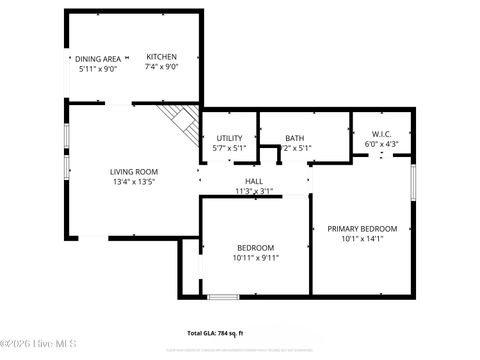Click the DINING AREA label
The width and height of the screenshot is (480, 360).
pos(99,58)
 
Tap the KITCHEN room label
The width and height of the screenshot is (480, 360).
pos(161,57)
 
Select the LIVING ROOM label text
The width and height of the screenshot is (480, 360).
pos(134,172)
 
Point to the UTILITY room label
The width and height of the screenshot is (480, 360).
pos(229,138)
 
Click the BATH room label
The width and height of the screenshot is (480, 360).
pos(294,138)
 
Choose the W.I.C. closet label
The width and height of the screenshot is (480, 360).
pos(381,133)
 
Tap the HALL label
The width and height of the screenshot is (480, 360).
pos(254,181)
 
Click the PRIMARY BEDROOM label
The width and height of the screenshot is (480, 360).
pos(362,229)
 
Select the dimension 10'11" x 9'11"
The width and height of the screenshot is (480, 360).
pos(257,257)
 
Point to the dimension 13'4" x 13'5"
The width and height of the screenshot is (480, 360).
pos(134,183)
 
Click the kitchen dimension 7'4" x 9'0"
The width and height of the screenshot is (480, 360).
pos(161,68)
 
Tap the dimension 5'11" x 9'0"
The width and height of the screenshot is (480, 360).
pos(98,69)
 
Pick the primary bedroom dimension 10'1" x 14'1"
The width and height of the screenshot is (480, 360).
pos(362,239)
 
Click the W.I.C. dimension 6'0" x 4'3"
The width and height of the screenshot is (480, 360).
pos(381,143)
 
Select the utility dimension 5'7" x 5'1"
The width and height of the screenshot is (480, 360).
pos(229,148)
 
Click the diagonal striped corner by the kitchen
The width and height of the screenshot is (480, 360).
pos(180,121)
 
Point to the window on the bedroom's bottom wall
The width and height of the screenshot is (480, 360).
pos(222,296)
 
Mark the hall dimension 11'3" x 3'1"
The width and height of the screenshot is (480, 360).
pos(254,191)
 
